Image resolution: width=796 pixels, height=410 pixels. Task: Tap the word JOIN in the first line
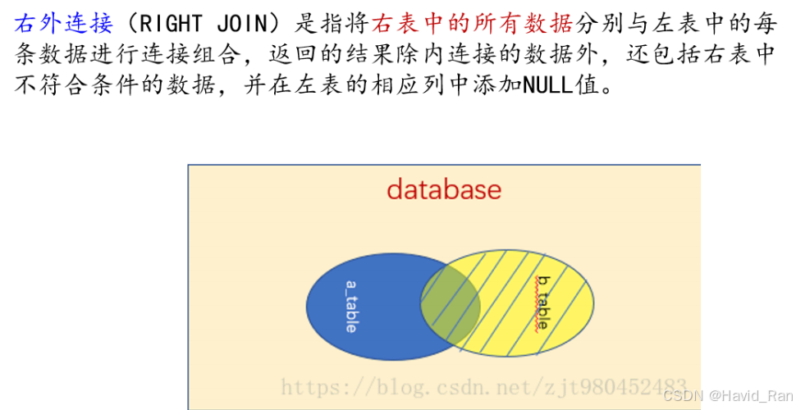(243, 25)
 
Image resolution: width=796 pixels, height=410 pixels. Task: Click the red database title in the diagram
(444, 190)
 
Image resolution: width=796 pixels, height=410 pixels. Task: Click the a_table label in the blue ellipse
(351, 306)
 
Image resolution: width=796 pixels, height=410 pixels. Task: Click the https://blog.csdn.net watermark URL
(484, 385)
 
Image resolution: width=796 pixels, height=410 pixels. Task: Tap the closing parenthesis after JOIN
(280, 25)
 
